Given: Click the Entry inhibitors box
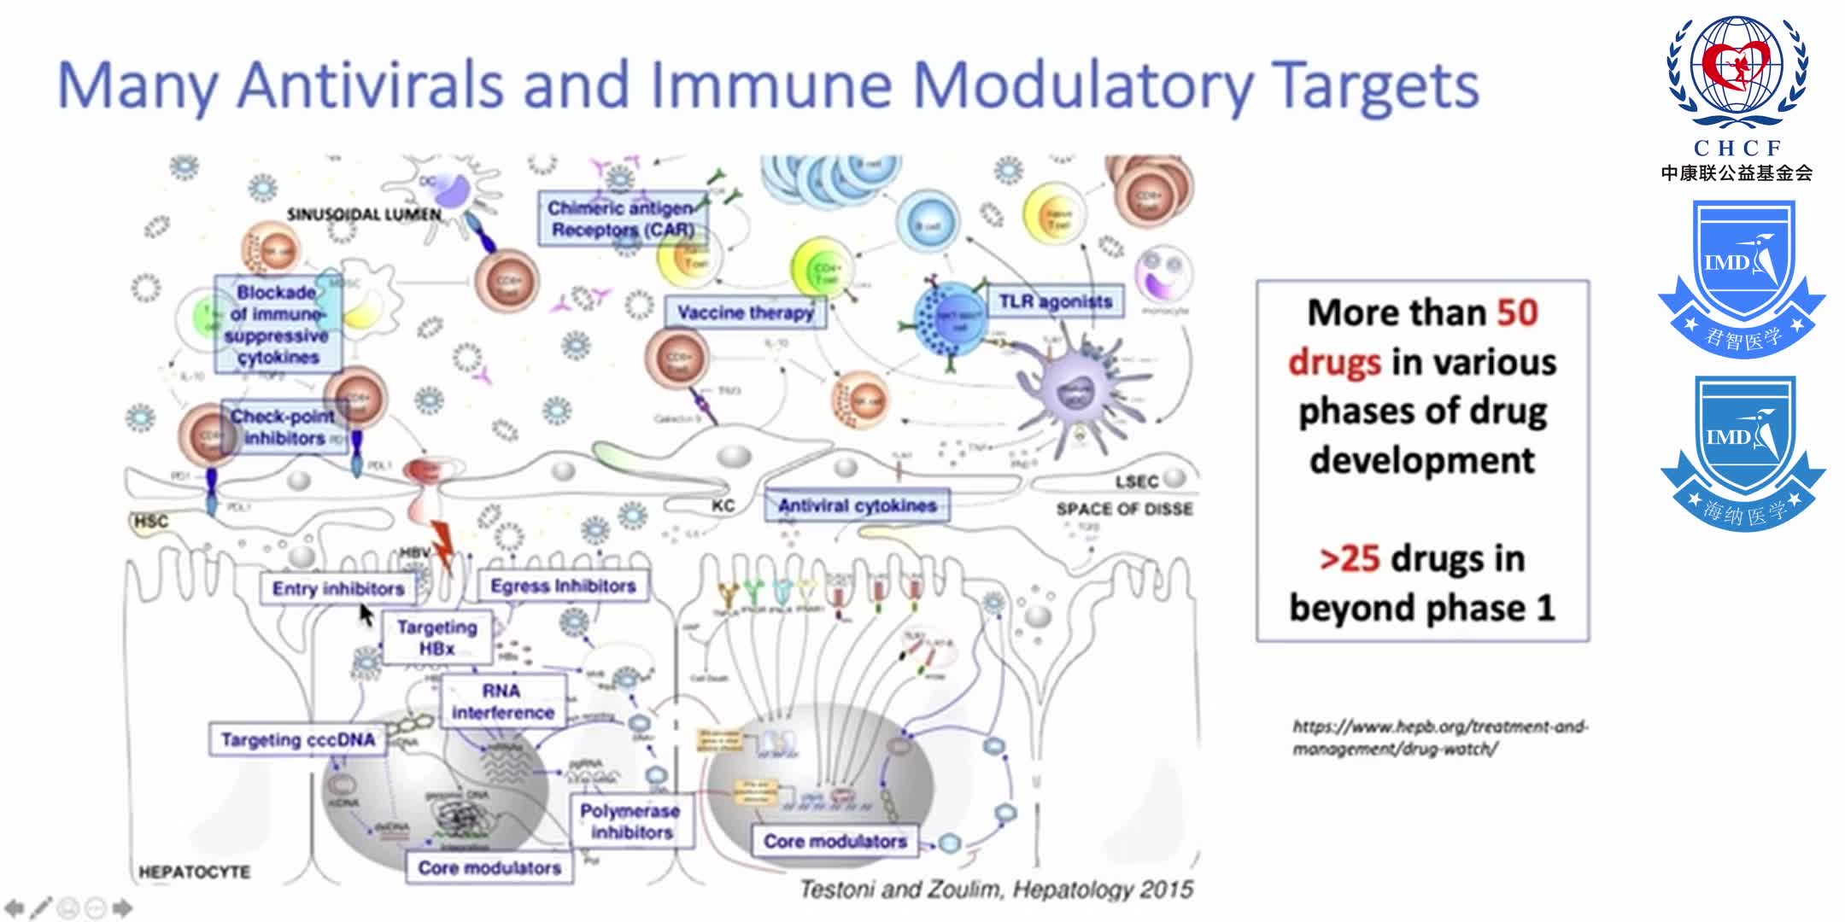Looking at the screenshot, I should [x=338, y=588].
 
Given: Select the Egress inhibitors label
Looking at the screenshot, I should [x=563, y=586].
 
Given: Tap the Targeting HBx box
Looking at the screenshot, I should [x=436, y=638].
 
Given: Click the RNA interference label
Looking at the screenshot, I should [x=502, y=701].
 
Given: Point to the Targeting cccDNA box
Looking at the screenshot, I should [x=297, y=739].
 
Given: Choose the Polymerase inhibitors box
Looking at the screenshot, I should [x=630, y=820].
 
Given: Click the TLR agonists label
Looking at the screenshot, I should [x=1055, y=301].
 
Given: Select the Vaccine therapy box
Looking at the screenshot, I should [x=745, y=312].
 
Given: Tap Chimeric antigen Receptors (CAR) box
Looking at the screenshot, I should [x=621, y=219].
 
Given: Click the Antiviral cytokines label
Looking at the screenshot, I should [x=857, y=505].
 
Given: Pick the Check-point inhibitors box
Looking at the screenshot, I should [x=283, y=427].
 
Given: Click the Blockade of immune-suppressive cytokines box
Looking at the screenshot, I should [x=277, y=324].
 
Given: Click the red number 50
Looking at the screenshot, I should [x=1516, y=312].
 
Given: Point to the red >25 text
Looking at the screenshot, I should [x=1350, y=558].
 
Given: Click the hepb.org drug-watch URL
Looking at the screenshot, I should [x=1439, y=738].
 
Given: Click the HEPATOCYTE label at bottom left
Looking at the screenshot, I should [x=194, y=872].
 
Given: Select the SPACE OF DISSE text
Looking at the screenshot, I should [x=1123, y=509].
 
